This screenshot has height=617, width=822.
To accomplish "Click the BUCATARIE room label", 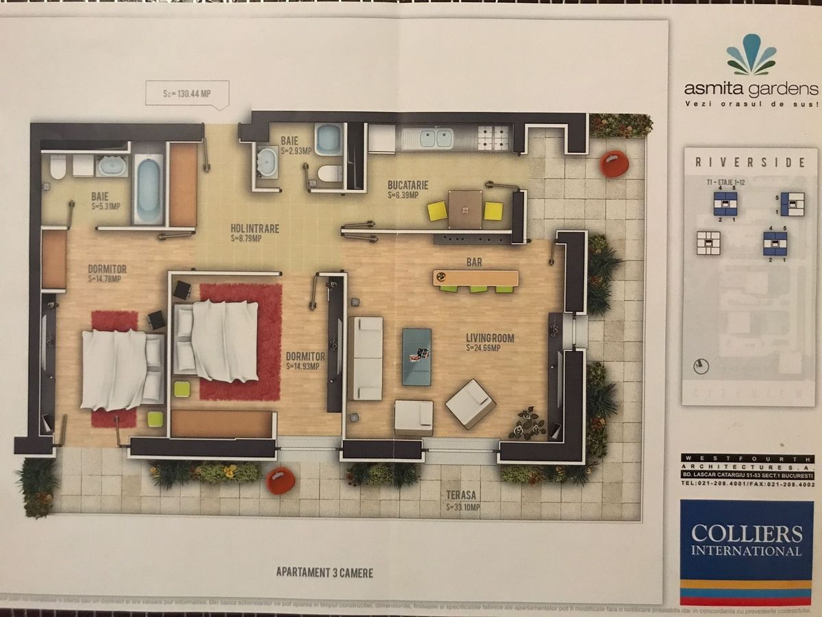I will point(408,185).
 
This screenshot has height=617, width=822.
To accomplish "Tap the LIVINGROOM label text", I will point(490,338).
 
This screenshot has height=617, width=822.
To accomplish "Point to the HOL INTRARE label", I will point(255,229).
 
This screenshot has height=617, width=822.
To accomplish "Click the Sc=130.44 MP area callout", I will point(187,93).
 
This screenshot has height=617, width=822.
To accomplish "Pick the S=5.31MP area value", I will point(105,206).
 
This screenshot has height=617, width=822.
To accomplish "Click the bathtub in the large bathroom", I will point(147,189).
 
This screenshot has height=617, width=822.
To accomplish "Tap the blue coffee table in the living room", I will point(416,356).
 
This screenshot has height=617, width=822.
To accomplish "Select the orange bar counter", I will point(476,278).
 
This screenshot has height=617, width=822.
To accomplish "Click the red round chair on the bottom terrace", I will point(281,480).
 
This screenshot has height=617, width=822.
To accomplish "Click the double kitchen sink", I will point(427,138).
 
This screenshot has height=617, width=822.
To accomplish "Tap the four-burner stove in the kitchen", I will point(495,138).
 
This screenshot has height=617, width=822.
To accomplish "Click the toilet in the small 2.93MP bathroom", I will point(330,173).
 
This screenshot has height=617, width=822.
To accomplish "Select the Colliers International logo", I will point(746,542).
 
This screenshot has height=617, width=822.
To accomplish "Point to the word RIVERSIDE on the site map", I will point(750,162).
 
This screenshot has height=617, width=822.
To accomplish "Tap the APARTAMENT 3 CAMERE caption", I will point(325,572).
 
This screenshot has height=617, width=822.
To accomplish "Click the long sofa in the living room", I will point(364,358).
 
